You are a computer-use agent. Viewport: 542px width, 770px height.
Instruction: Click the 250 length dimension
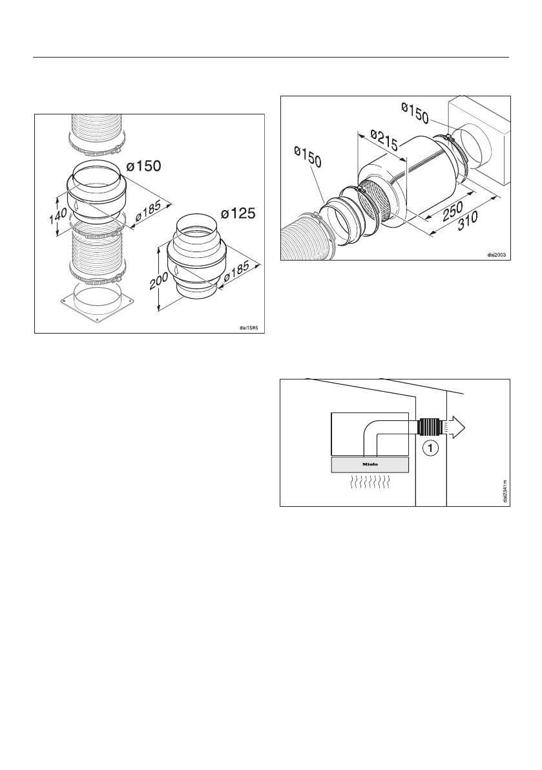pos(448,208)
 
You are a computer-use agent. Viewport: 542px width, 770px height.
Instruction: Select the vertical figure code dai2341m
pos(504,491)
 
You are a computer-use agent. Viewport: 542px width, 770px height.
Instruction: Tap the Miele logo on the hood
pos(370,464)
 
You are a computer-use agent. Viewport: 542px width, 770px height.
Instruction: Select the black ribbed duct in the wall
pos(428,427)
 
